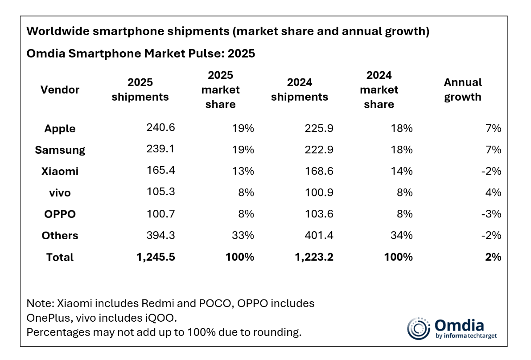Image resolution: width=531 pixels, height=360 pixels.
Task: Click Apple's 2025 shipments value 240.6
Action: click(x=161, y=128)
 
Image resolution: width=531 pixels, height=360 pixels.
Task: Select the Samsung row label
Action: click(x=60, y=150)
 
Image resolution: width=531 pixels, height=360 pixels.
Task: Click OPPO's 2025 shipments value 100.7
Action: click(x=161, y=214)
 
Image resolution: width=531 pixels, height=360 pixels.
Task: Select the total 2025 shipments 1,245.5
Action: click(x=154, y=257)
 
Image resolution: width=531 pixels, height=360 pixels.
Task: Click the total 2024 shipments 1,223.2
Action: click(x=313, y=257)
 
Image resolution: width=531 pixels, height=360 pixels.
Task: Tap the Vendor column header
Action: click(x=60, y=90)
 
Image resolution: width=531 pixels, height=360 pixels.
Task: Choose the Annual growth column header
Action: click(x=463, y=90)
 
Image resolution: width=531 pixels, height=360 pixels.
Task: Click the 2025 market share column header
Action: click(x=220, y=90)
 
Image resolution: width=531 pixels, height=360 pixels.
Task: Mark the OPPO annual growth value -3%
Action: click(x=492, y=214)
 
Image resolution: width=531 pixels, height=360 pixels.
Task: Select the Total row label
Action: click(x=60, y=257)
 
